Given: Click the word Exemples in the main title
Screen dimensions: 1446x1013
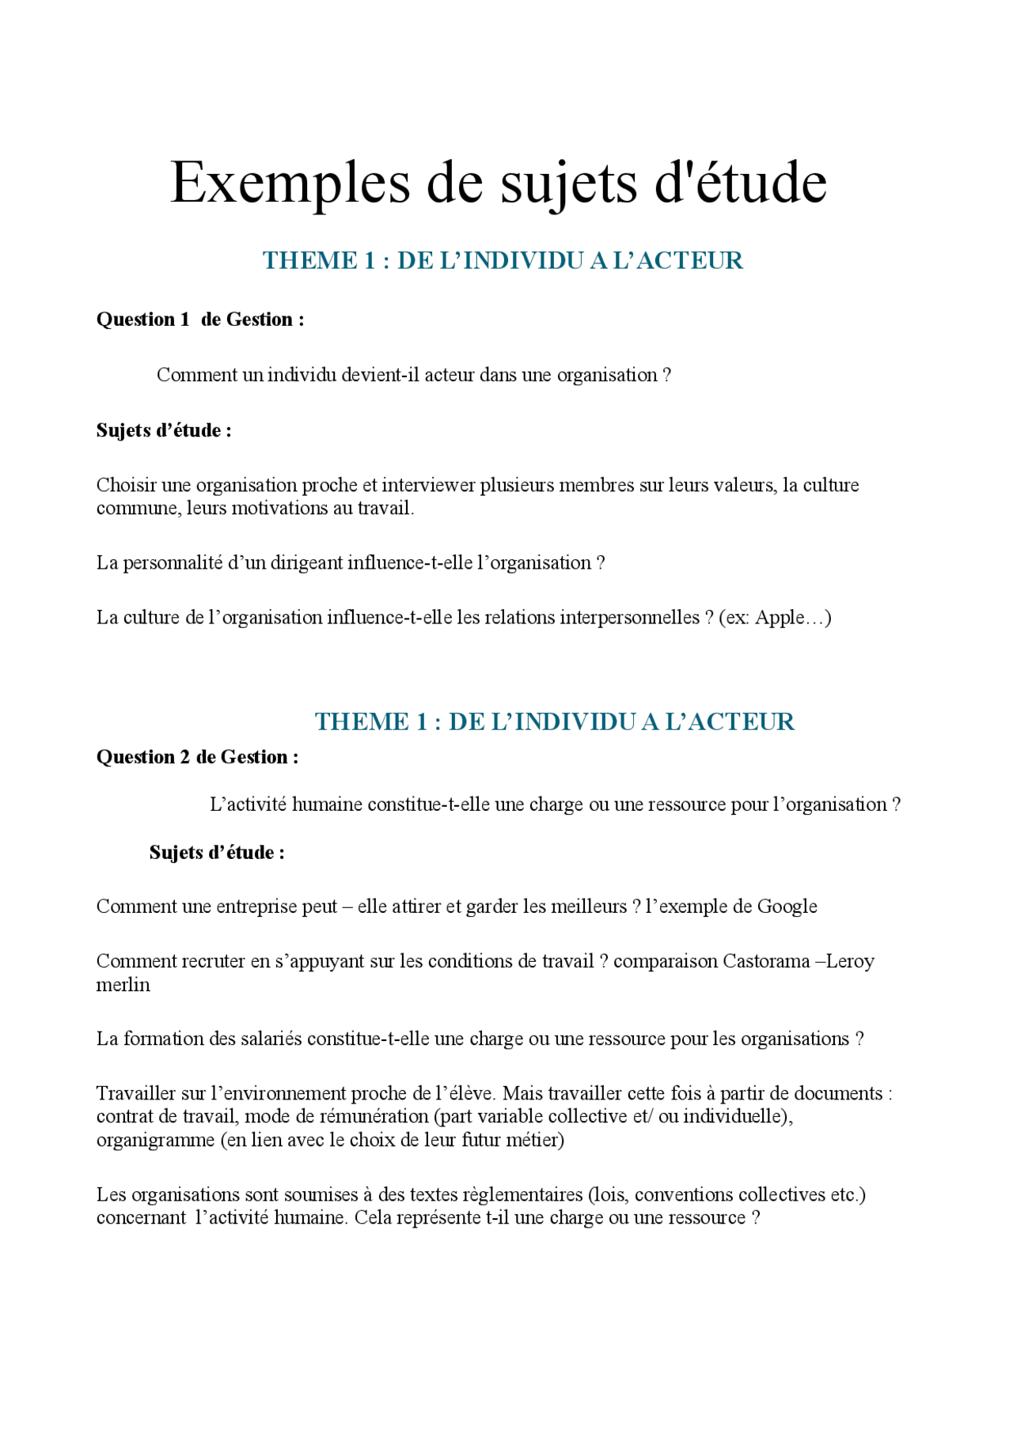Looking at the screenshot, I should coord(290,184).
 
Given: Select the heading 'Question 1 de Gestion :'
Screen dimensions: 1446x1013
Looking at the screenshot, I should coord(200,320).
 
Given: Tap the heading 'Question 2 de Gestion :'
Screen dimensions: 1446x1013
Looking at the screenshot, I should coord(197,757).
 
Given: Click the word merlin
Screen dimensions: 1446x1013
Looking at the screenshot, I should coord(123,985).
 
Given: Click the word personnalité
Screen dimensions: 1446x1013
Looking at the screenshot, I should coord(173,563).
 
